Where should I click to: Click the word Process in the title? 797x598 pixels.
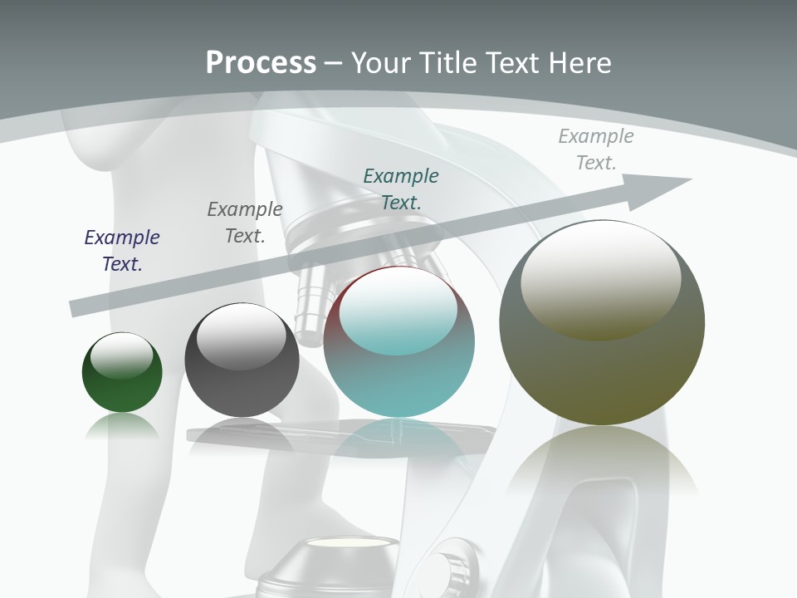(x=261, y=63)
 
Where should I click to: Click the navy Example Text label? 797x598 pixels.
(x=122, y=250)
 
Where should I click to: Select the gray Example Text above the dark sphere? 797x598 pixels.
(x=245, y=222)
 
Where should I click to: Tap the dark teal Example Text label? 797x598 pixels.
(x=401, y=189)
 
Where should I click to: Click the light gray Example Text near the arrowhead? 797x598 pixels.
(x=596, y=149)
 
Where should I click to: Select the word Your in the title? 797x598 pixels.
(x=379, y=63)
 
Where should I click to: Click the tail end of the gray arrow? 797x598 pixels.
(x=76, y=308)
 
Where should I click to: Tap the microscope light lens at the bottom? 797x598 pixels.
(x=349, y=545)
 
